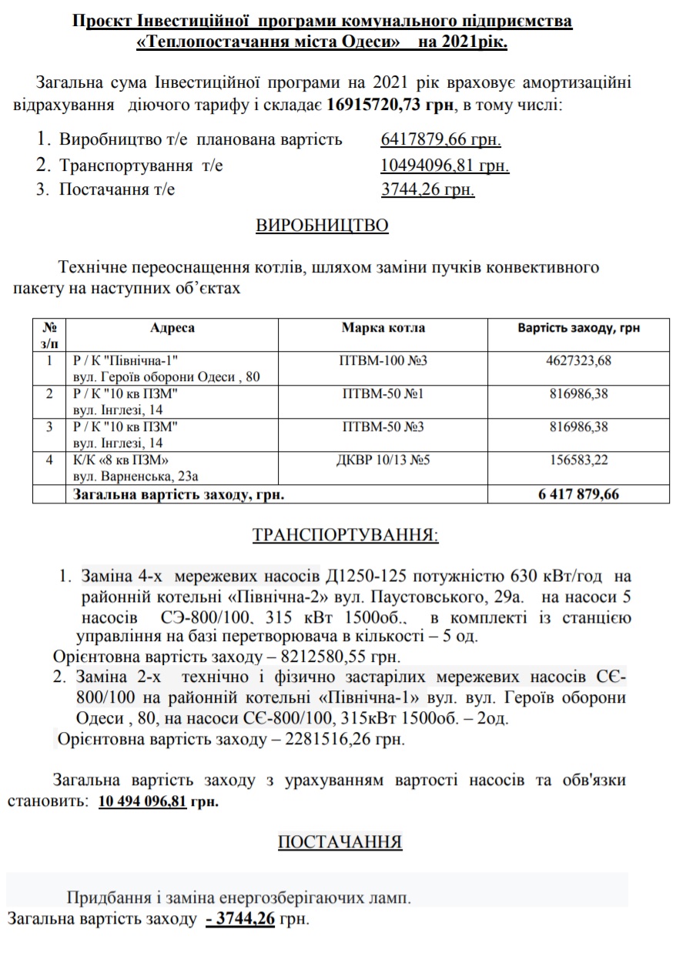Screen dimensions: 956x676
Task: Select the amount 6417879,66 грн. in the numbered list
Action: tap(440, 139)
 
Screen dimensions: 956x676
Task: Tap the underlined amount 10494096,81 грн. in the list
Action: tap(444, 165)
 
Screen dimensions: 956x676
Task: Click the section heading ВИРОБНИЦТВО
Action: tap(322, 226)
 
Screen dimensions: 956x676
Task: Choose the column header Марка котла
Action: tap(383, 328)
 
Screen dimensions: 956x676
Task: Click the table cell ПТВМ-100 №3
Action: tap(383, 360)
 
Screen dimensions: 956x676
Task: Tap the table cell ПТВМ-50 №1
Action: tap(383, 394)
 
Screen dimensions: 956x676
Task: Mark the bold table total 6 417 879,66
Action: tap(578, 494)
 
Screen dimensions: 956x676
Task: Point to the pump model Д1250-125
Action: tap(368, 577)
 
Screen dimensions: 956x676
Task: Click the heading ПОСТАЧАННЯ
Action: tap(340, 842)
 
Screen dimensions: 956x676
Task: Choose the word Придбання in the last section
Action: tap(103, 898)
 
